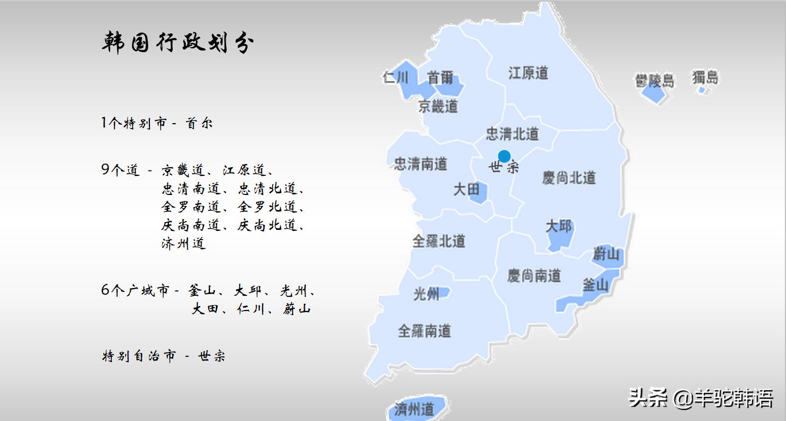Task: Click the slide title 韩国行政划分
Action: pyautogui.click(x=178, y=43)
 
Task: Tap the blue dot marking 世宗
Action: pyautogui.click(x=504, y=156)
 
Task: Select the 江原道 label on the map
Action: pyautogui.click(x=528, y=73)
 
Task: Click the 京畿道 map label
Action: pyautogui.click(x=438, y=106)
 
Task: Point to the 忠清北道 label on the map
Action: pyautogui.click(x=512, y=133)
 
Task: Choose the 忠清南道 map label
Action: pyautogui.click(x=420, y=163)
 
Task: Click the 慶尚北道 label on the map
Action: pyautogui.click(x=569, y=178)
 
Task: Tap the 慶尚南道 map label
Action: pyautogui.click(x=534, y=276)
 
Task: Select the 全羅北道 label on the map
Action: pyautogui.click(x=438, y=241)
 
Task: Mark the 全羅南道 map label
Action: pyautogui.click(x=424, y=331)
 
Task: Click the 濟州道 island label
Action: pyautogui.click(x=414, y=408)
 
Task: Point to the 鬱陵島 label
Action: pyautogui.click(x=654, y=81)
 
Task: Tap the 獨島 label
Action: pyautogui.click(x=705, y=77)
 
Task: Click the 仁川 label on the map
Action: pyautogui.click(x=395, y=77)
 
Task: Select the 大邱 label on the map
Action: pyautogui.click(x=559, y=225)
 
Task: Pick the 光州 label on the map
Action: pyautogui.click(x=426, y=295)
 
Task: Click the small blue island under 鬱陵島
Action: pyautogui.click(x=654, y=94)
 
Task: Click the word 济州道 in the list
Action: pyautogui.click(x=184, y=243)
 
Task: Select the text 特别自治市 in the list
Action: pyautogui.click(x=140, y=356)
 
